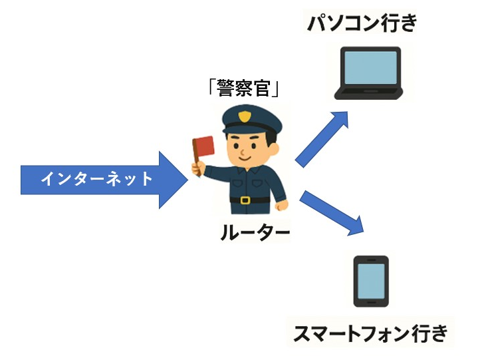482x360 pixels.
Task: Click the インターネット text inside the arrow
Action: point(96,179)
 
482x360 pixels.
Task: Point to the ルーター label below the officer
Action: point(255,232)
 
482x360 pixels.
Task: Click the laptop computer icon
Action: point(370,73)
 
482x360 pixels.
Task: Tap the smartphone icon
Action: point(371,281)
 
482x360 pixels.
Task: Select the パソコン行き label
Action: point(362,23)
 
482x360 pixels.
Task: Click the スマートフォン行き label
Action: point(371,333)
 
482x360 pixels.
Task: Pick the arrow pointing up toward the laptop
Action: point(322,139)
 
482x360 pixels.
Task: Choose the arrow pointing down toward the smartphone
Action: point(332,213)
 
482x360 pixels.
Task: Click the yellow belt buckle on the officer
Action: point(245,200)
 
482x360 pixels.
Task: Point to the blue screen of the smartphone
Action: point(371,280)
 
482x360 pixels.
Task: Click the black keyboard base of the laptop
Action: point(370,94)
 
